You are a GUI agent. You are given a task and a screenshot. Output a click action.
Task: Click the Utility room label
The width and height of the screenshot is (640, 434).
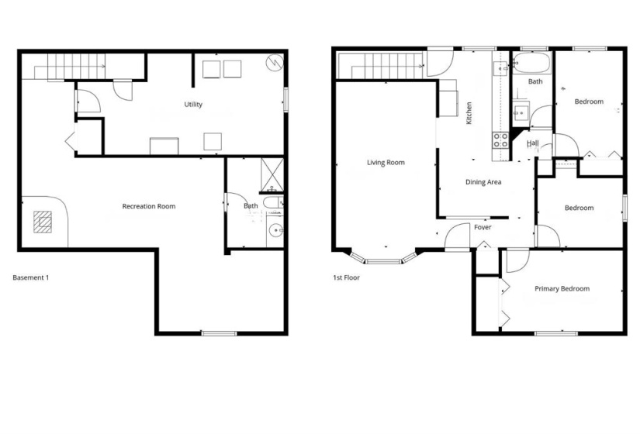click(x=193, y=105)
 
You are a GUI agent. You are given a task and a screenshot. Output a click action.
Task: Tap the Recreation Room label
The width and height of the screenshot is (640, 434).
click(x=149, y=206)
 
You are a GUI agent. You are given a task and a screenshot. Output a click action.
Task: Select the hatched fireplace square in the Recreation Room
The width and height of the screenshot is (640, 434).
click(x=44, y=222)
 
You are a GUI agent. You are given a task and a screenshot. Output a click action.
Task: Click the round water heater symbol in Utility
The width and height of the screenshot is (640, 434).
click(x=275, y=63)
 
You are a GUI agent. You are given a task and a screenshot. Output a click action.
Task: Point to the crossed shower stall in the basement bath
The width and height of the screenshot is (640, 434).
click(x=272, y=174)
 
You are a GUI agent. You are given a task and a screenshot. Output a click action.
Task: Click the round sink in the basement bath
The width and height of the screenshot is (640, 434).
click(x=274, y=230)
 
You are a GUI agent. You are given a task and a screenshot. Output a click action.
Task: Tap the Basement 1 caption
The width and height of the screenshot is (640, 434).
click(x=31, y=277)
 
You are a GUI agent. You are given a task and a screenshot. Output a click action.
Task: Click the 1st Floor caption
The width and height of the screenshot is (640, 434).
click(x=346, y=277)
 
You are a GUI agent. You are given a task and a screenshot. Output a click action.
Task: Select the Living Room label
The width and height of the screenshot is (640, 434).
click(x=386, y=163)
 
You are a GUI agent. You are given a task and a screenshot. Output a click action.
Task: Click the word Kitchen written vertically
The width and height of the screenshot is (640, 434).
click(x=469, y=114)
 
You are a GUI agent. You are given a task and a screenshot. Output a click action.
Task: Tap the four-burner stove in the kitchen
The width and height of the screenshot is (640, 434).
click(x=500, y=140)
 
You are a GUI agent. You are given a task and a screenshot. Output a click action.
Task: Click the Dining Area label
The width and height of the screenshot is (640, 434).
click(x=483, y=183)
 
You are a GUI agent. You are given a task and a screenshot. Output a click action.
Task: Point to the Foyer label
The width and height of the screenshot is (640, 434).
click(x=483, y=227)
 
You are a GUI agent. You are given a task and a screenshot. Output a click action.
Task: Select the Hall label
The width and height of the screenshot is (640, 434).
click(x=533, y=143)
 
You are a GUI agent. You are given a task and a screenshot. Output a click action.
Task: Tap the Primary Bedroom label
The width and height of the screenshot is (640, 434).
click(x=562, y=289)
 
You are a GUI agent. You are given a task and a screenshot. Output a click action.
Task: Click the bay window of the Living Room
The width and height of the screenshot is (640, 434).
click(x=383, y=257)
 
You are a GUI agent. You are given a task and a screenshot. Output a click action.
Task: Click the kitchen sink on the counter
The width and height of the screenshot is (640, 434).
click(x=499, y=68)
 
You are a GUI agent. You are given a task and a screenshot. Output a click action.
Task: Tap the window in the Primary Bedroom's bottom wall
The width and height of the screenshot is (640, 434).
click(x=555, y=333)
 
